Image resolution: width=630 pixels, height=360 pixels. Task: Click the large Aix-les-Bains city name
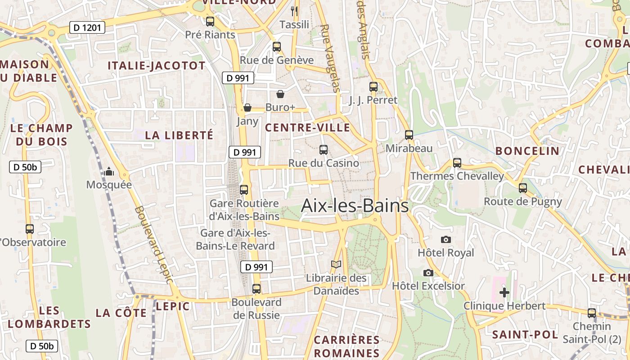[355, 206]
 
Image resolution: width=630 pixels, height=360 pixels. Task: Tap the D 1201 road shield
[87, 28]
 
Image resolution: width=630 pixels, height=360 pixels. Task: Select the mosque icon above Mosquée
[108, 171]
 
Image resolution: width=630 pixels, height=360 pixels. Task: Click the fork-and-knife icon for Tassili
[294, 11]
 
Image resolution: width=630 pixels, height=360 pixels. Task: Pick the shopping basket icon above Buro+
[280, 94]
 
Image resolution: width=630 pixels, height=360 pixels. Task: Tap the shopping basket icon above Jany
[247, 108]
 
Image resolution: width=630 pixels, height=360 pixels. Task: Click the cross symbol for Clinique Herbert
[504, 292]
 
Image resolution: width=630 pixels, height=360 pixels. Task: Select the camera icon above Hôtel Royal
[446, 239]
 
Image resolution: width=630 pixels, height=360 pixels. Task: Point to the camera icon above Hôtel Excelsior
[428, 273]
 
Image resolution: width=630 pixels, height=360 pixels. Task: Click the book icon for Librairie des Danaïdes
[336, 265]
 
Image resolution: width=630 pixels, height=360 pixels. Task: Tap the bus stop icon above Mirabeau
[409, 135]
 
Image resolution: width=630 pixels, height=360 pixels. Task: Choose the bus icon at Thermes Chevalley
[457, 162]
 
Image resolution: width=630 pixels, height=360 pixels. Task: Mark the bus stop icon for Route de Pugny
[522, 188]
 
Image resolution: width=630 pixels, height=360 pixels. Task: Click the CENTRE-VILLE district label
[307, 127]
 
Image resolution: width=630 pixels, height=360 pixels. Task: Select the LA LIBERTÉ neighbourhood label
[179, 135]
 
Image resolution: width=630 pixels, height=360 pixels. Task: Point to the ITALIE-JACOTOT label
[156, 66]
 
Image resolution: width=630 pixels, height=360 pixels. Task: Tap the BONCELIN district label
[527, 151]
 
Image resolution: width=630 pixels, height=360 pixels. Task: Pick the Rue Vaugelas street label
[329, 58]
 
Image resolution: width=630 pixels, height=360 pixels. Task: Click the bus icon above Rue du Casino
[323, 149]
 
